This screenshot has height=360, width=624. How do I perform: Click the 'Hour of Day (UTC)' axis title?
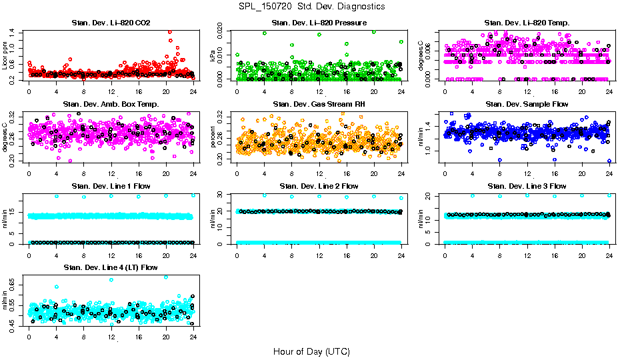(x=311, y=351)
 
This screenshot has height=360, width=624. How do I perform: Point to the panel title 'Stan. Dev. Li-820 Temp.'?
(x=527, y=23)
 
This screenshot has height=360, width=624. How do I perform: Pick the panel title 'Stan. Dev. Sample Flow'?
(x=527, y=104)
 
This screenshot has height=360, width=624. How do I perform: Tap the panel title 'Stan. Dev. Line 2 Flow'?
(x=319, y=186)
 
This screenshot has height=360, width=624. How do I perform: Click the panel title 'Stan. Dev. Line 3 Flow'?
(x=527, y=186)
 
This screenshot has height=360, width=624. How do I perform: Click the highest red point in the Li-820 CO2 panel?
(x=170, y=31)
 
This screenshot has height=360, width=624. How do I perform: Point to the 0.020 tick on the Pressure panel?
(x=225, y=32)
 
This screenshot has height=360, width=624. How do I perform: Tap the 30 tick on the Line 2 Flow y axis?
(x=225, y=195)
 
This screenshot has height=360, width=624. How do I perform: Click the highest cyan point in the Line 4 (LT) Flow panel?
(x=166, y=277)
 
